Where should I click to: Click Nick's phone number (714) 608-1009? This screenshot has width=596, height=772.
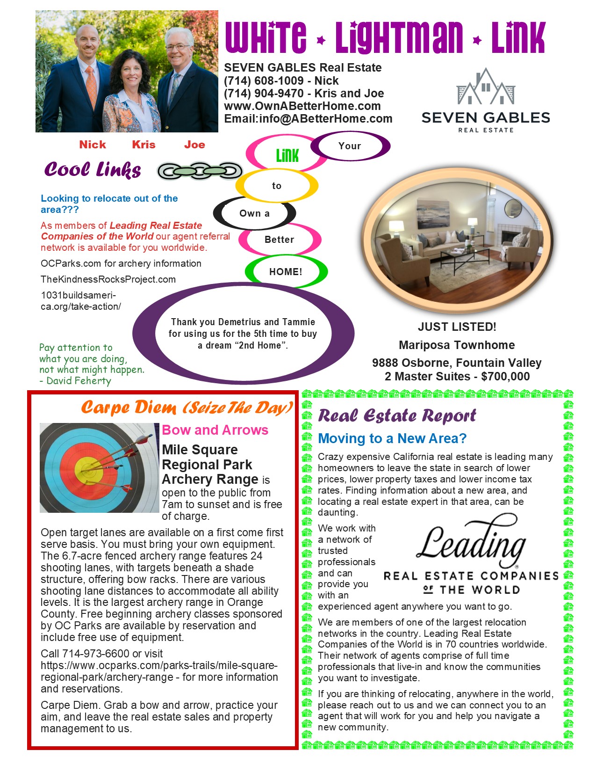(264, 81)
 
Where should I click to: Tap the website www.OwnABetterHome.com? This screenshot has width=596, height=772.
(302, 106)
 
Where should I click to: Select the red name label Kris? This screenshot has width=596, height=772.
(144, 145)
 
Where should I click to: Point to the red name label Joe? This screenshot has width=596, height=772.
(194, 145)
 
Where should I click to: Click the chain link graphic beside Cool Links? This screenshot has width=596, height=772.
(200, 171)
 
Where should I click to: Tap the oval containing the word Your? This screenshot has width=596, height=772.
(350, 146)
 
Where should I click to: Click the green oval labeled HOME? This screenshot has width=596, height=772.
(286, 272)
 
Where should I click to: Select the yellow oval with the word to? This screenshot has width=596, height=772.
(277, 186)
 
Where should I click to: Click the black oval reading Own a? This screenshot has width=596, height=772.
(254, 213)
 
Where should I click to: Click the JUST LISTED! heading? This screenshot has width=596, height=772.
(457, 327)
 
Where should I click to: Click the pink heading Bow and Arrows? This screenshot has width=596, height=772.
(215, 430)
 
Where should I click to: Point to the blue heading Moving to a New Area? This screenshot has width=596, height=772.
(392, 438)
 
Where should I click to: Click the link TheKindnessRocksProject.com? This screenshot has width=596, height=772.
(108, 279)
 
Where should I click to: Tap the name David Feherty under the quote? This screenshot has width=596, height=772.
(79, 381)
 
